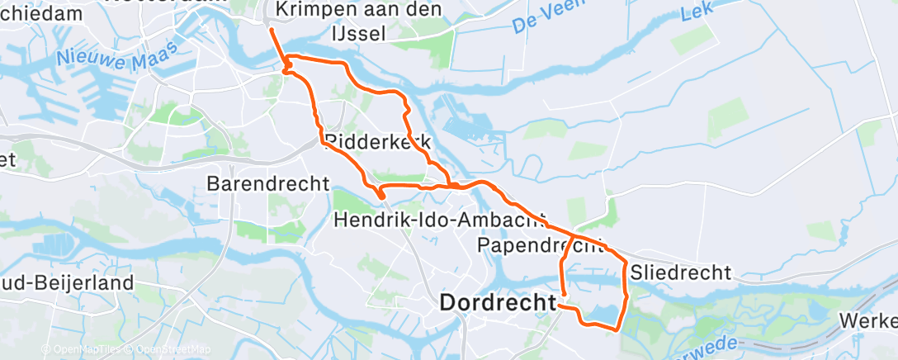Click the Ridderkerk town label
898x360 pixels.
pyautogui.click(x=378, y=142)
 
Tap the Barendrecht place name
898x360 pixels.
pyautogui.click(x=268, y=182)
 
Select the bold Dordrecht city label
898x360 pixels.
pyautogui.click(x=498, y=303)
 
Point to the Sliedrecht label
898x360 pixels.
pyautogui.click(x=680, y=272)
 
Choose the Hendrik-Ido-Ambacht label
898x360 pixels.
pyautogui.click(x=440, y=220)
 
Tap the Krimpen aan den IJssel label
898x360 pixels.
pyautogui.click(x=358, y=21)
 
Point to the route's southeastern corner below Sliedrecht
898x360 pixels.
pyautogui.click(x=617, y=329)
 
